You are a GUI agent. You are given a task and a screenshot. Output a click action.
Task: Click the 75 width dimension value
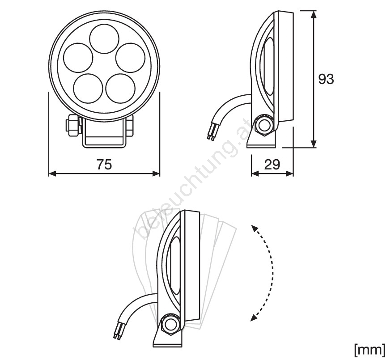tap(104, 165)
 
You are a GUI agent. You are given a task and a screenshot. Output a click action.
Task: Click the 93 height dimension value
tap(326, 80)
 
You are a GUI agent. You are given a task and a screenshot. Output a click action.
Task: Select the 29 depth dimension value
tap(272, 165)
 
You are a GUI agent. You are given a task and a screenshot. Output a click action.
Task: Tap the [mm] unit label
tap(370, 350)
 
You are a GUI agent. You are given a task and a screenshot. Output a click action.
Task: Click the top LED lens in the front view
tap(104, 39)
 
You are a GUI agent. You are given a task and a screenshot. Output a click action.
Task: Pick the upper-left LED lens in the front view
tap(78, 58)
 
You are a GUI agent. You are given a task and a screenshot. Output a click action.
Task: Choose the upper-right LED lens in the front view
tap(131, 58)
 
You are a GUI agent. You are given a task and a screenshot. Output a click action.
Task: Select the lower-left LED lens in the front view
tap(88, 88)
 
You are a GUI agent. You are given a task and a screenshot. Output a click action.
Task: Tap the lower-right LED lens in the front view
tap(120, 88)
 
